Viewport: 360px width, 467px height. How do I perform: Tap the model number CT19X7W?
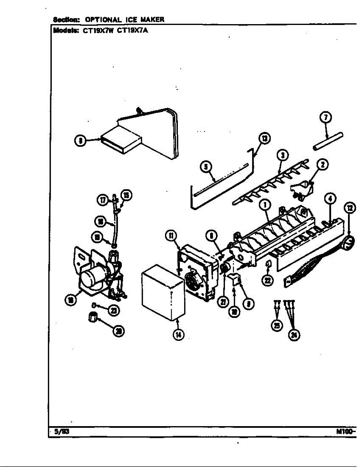(x=97, y=33)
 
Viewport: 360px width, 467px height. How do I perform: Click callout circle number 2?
(x=323, y=165)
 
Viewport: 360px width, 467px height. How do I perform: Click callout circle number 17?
(x=102, y=200)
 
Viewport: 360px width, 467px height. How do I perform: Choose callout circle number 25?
(x=277, y=325)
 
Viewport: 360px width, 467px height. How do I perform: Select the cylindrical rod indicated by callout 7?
(x=328, y=141)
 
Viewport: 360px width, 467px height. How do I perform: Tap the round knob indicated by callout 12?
(x=349, y=243)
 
